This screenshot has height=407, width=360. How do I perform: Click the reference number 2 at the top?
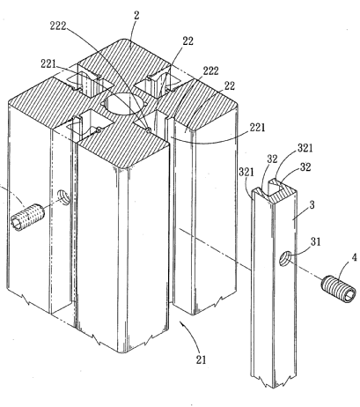pyautogui.click(x=136, y=16)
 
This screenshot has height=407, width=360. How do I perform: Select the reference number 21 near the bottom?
pyautogui.click(x=201, y=359)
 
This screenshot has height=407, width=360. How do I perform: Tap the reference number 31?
pyautogui.click(x=316, y=242)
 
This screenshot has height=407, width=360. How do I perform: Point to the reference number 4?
pyautogui.click(x=355, y=257)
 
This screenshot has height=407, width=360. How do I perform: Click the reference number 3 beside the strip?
pyautogui.click(x=312, y=205)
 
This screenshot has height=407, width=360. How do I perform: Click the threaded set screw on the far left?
pyautogui.click(x=27, y=217)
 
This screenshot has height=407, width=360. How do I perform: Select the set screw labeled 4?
pyautogui.click(x=339, y=289)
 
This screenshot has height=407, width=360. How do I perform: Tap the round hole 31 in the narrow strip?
pyautogui.click(x=284, y=258)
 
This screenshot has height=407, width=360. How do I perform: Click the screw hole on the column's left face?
pyautogui.click(x=63, y=197)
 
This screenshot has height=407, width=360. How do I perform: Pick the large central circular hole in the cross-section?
pyautogui.click(x=124, y=105)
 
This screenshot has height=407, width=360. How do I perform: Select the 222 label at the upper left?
pyautogui.click(x=58, y=26)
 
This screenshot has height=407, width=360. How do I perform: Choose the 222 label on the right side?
pyautogui.click(x=211, y=71)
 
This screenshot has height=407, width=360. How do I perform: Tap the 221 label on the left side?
pyautogui.click(x=48, y=63)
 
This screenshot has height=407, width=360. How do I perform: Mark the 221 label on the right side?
pyautogui.click(x=257, y=128)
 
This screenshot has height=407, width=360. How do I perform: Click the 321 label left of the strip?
pyautogui.click(x=246, y=172)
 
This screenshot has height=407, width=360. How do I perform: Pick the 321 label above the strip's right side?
pyautogui.click(x=305, y=148)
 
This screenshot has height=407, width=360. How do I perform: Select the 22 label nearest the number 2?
pyautogui.click(x=188, y=41)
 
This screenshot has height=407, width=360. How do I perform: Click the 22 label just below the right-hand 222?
pyautogui.click(x=230, y=85)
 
